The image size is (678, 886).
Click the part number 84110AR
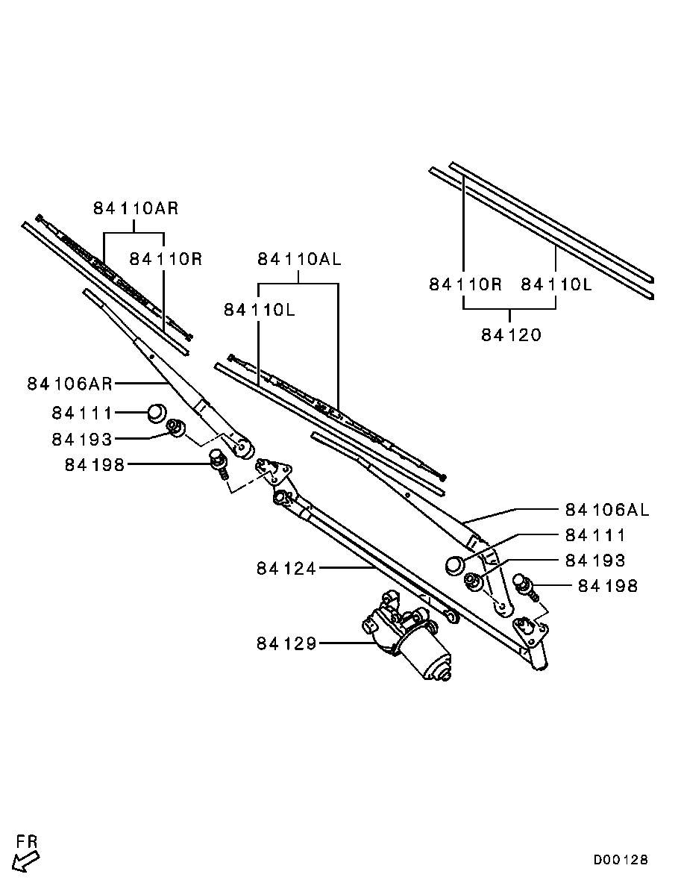[x=136, y=208]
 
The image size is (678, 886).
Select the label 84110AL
[x=299, y=259]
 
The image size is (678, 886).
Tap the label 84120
[x=511, y=335]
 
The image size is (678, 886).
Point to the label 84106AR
[x=70, y=384]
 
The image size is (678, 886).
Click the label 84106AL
[x=607, y=511]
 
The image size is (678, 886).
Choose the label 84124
[x=286, y=569]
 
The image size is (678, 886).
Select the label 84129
[x=286, y=643]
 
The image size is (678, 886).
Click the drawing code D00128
[x=621, y=861]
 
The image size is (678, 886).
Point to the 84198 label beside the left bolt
[x=94, y=465]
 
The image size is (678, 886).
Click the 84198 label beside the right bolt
[x=607, y=586]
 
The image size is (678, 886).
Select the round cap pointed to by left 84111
[x=157, y=413]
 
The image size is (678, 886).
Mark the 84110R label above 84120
[x=465, y=284]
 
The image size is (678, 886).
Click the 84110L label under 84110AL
[x=260, y=311]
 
